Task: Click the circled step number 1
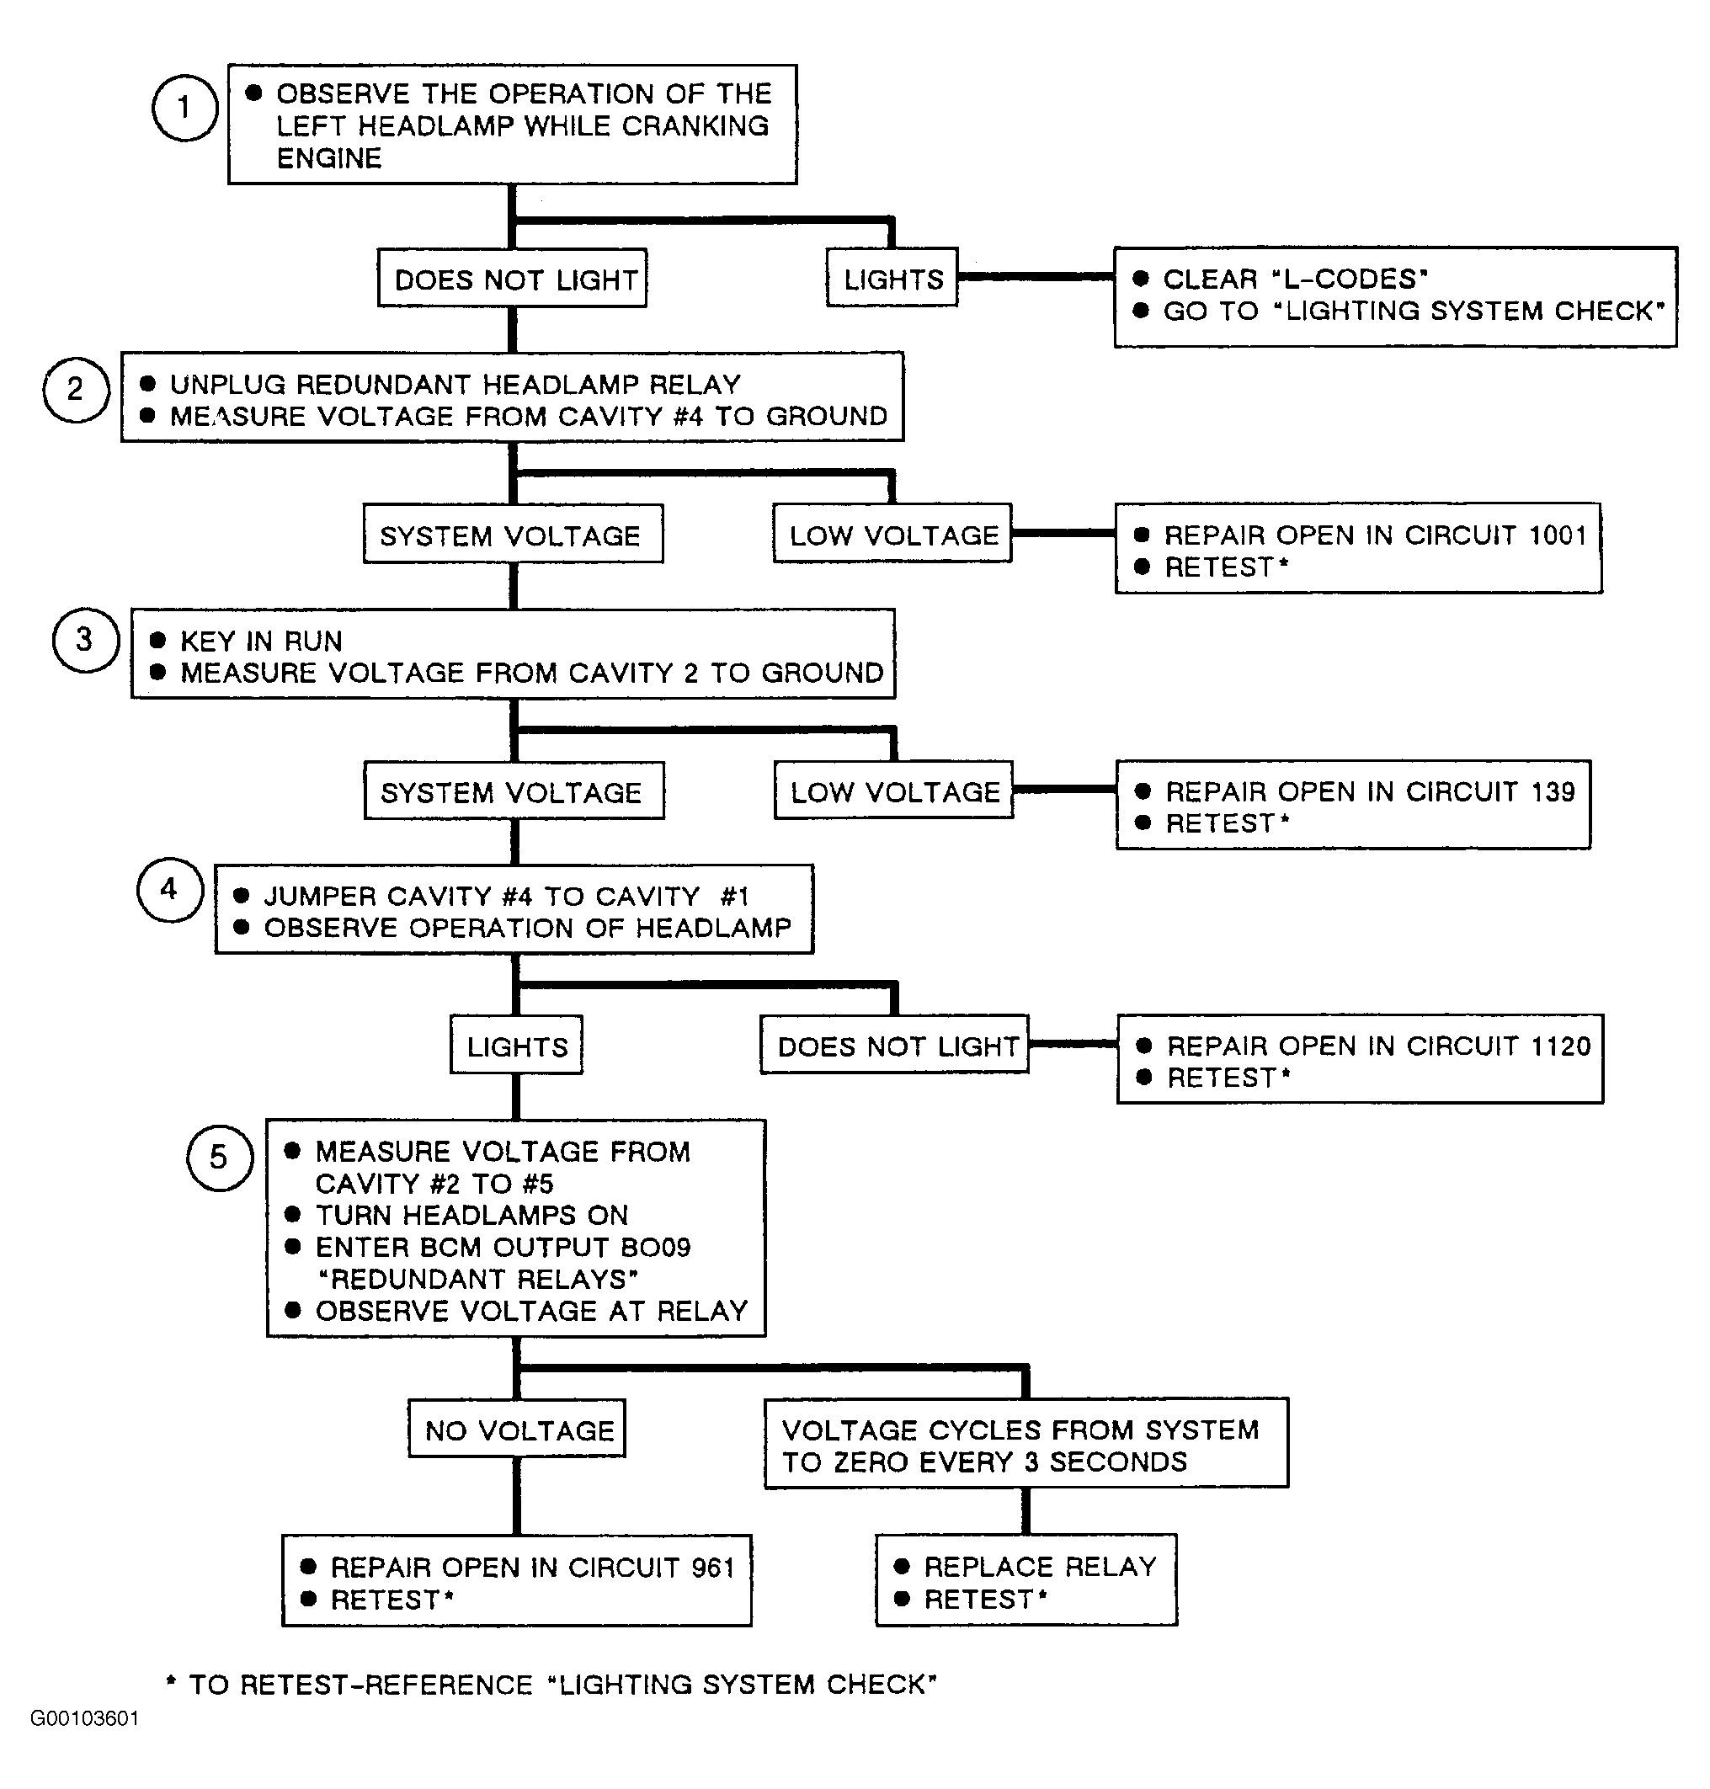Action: coord(185,108)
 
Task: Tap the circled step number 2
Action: coord(77,389)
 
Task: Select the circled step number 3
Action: coord(86,640)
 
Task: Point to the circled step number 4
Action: coord(170,890)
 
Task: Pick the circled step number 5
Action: coord(220,1158)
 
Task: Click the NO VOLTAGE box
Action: coord(517,1429)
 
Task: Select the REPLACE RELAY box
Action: coord(1026,1580)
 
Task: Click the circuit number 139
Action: coord(1553,791)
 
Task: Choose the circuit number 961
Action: coord(713,1568)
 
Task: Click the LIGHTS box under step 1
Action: coord(892,277)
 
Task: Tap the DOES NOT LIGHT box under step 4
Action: coord(895,1045)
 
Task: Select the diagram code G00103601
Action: coord(85,1718)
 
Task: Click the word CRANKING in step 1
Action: coord(695,125)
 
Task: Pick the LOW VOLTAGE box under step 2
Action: coord(893,533)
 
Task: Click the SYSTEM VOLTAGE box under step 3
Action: coord(514,791)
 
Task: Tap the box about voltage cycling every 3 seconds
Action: coord(1026,1444)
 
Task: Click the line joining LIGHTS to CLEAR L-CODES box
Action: coord(1036,276)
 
